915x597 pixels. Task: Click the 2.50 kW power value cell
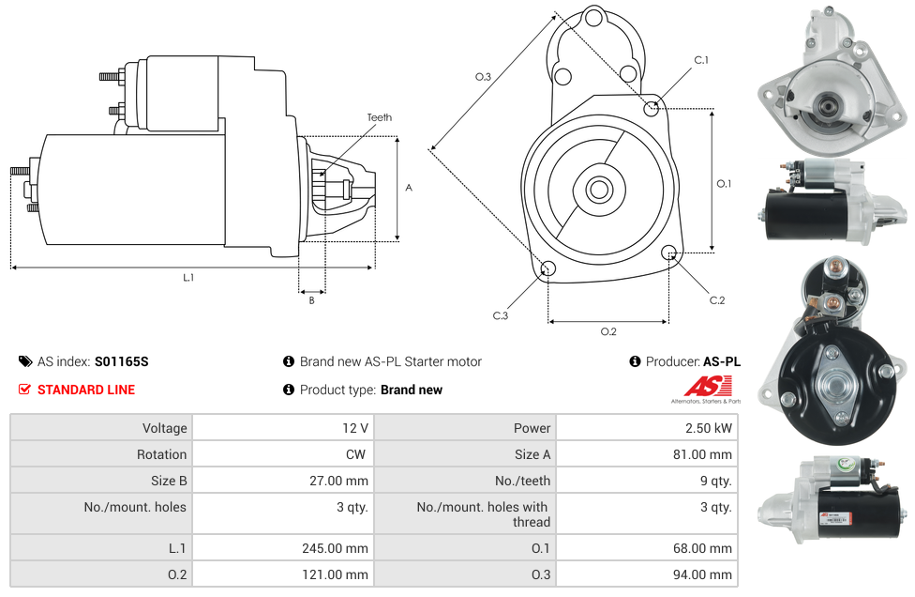click(709, 428)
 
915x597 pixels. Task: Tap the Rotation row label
click(161, 454)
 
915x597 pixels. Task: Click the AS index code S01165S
click(121, 361)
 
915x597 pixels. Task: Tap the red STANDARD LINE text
click(85, 390)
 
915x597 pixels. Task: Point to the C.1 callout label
click(700, 60)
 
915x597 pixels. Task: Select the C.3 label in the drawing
click(501, 316)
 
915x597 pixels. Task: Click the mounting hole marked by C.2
click(669, 253)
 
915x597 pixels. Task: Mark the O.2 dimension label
click(607, 331)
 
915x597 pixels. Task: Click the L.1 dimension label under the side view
click(188, 278)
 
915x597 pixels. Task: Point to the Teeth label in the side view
click(380, 117)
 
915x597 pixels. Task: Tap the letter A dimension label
click(409, 188)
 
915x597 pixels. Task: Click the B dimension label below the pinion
click(312, 300)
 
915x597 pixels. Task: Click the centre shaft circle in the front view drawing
click(598, 189)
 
